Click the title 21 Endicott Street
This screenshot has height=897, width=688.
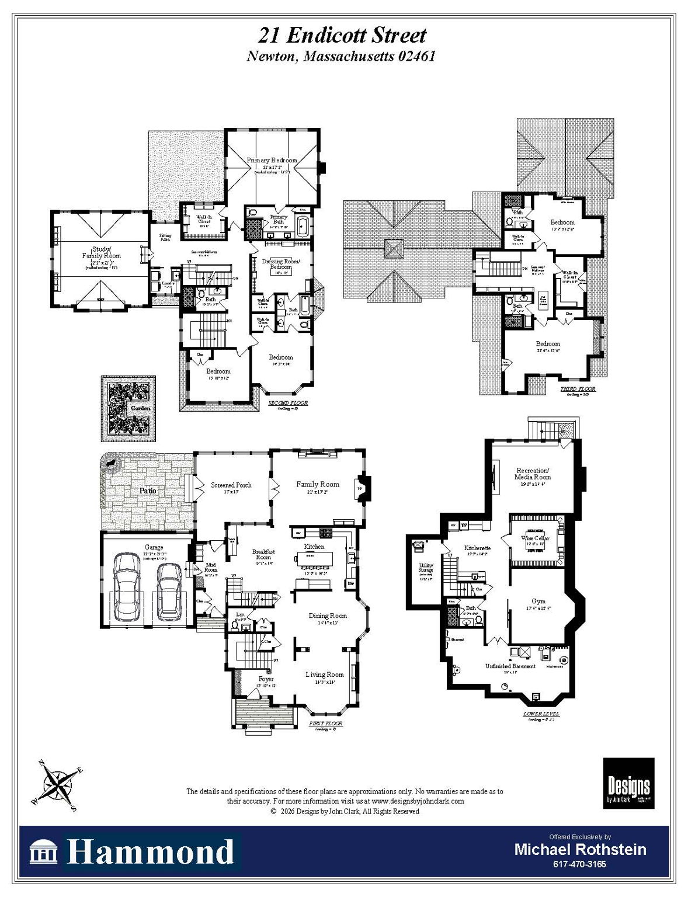343,36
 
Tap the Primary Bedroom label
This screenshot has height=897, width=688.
272,160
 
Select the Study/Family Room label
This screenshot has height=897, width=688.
101,253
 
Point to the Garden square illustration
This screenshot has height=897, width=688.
128,408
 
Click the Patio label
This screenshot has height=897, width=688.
148,491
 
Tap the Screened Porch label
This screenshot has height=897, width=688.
231,485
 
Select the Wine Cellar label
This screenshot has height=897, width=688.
535,538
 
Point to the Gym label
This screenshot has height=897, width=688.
538,601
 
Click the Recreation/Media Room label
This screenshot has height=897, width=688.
533,474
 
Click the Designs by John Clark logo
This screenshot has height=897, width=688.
628,783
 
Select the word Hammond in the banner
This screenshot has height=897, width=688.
151,852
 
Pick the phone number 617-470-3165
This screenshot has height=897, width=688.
580,864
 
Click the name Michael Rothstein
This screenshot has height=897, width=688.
580,849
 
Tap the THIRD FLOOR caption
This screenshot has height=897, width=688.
578,389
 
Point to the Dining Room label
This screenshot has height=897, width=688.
328,616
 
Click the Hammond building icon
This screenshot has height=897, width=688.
44,853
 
